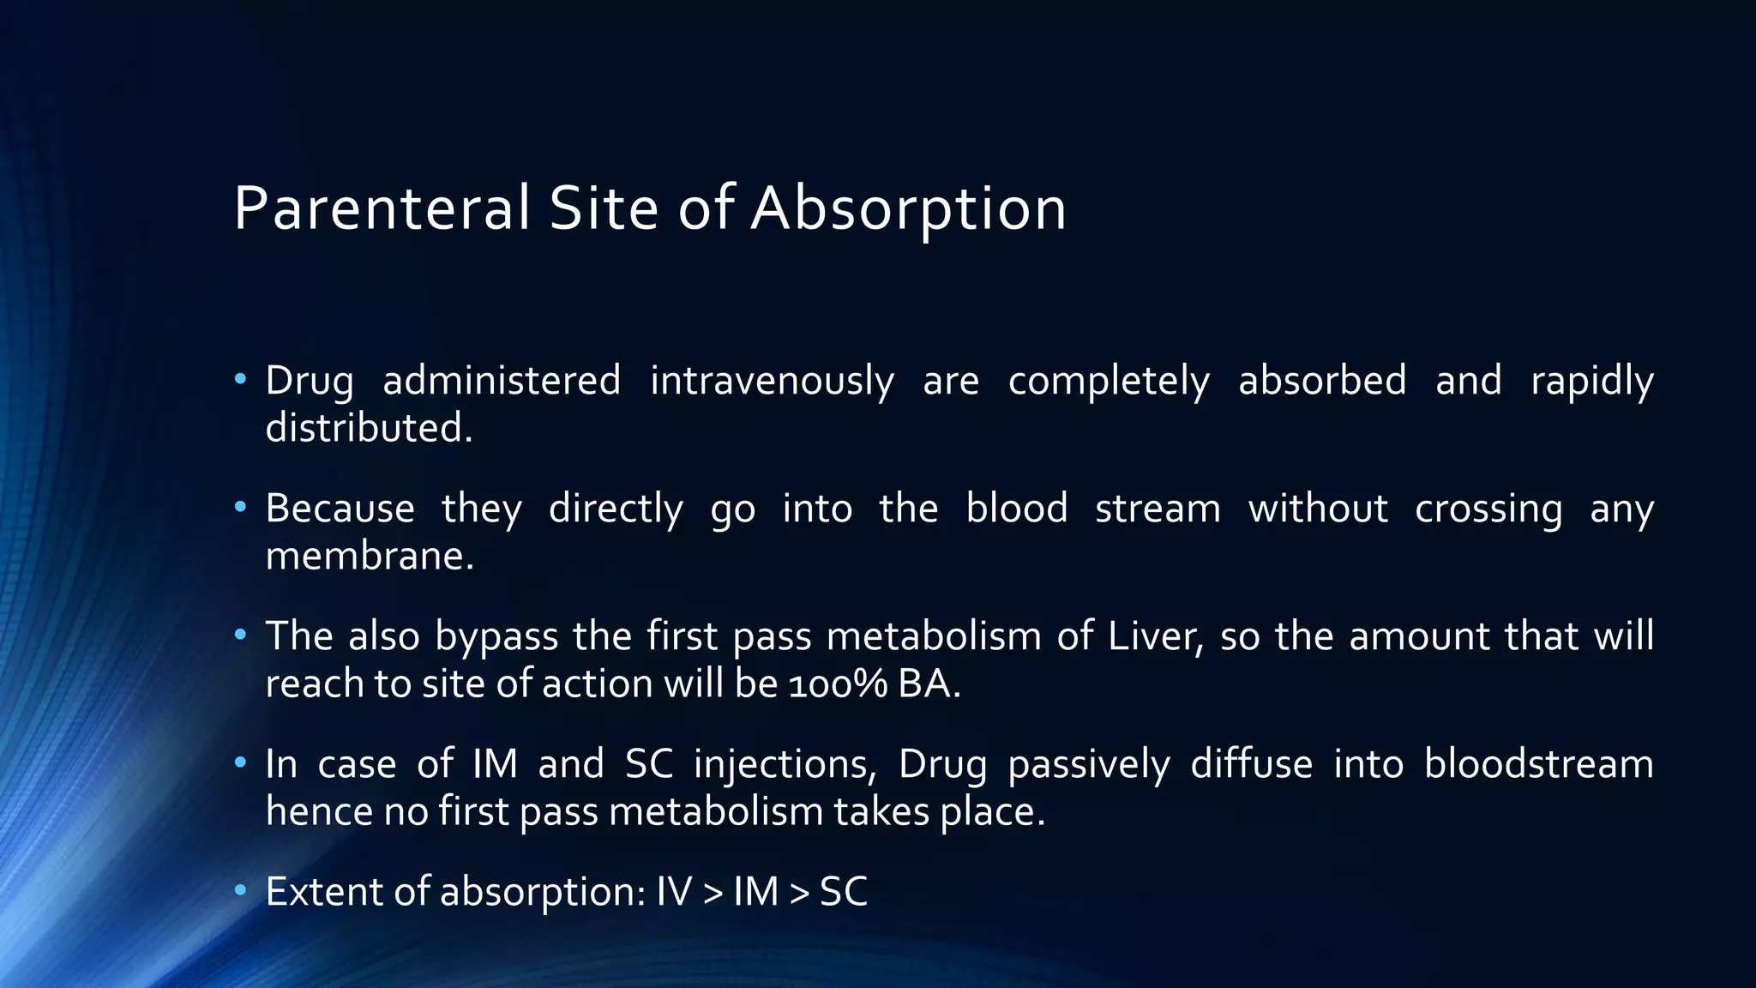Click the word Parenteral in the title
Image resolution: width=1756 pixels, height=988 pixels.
pyautogui.click(x=382, y=208)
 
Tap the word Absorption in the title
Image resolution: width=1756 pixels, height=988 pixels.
pyautogui.click(x=908, y=208)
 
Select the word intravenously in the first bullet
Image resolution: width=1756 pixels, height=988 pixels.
pyautogui.click(x=772, y=381)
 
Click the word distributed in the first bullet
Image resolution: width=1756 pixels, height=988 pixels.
pyautogui.click(x=368, y=428)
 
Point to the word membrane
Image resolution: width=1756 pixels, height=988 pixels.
pyautogui.click(x=369, y=556)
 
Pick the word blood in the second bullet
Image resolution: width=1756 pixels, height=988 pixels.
pyautogui.click(x=1017, y=508)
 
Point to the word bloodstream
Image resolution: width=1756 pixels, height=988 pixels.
pyautogui.click(x=1538, y=763)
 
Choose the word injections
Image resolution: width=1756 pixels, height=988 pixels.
pyautogui.click(x=785, y=765)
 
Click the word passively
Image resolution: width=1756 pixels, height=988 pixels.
pyautogui.click(x=1088, y=765)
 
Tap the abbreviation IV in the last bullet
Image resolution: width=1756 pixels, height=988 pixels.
pyautogui.click(x=673, y=892)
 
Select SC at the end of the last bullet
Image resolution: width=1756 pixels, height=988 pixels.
pyautogui.click(x=844, y=892)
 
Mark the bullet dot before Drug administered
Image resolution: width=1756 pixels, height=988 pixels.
pyautogui.click(x=241, y=378)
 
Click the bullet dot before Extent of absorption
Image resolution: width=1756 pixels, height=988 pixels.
pyautogui.click(x=241, y=889)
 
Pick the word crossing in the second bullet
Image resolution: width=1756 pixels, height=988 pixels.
pyautogui.click(x=1488, y=509)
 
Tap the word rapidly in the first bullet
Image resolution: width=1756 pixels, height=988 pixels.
pyautogui.click(x=1591, y=383)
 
